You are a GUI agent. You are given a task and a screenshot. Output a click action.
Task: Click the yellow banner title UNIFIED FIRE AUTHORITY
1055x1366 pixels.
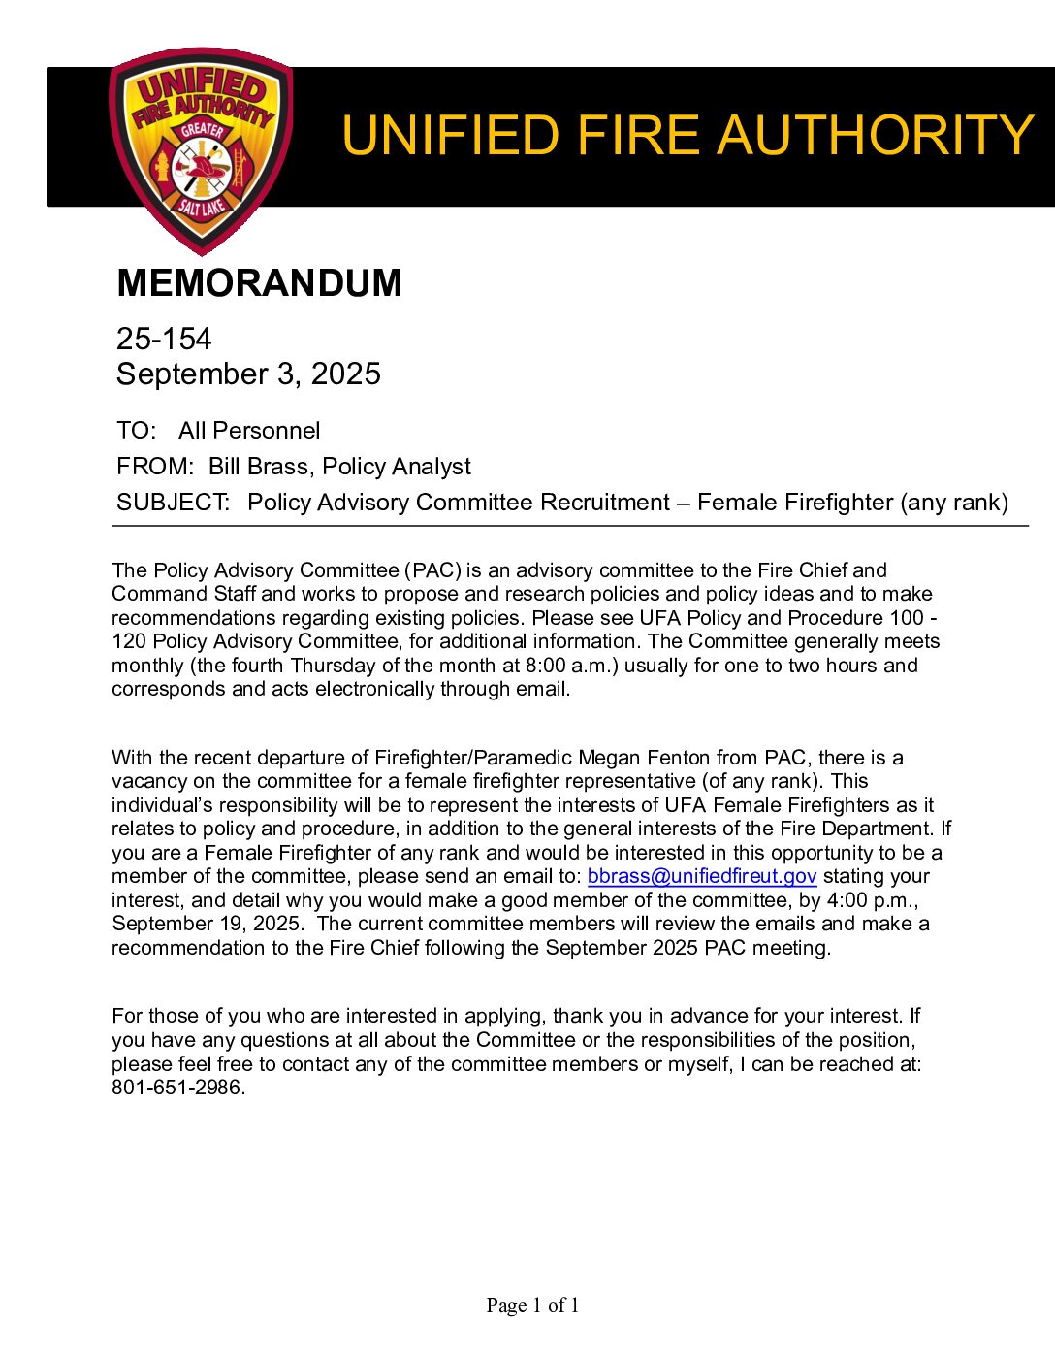[687, 135]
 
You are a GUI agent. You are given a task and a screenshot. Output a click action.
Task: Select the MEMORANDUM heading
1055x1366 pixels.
[259, 283]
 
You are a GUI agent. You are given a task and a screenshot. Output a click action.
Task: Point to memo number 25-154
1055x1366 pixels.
[164, 339]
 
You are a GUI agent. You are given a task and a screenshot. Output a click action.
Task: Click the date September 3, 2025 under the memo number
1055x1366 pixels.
[248, 374]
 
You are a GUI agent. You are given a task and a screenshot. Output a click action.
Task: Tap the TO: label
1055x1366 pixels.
[136, 431]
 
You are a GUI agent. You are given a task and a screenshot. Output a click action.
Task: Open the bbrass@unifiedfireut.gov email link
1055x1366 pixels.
[702, 877]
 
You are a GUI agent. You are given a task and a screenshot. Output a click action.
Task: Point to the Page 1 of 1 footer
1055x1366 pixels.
[532, 1306]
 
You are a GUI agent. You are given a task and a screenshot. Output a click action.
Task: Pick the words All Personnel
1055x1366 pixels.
[249, 431]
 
